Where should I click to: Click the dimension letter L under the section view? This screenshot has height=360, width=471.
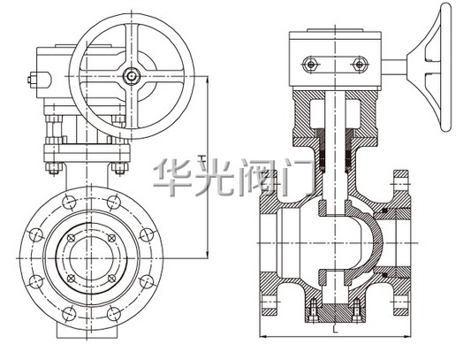(x=335, y=329)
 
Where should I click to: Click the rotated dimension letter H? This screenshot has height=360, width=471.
(x=202, y=158)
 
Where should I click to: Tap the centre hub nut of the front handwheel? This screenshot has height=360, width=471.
(x=132, y=76)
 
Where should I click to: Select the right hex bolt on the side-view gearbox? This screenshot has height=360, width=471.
(x=359, y=64)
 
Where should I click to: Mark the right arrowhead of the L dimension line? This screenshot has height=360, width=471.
(x=407, y=336)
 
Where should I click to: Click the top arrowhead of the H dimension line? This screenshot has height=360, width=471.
(x=207, y=80)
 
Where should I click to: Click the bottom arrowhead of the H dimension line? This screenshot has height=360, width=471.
(x=207, y=254)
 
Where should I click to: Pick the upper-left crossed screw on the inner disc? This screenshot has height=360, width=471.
(x=72, y=238)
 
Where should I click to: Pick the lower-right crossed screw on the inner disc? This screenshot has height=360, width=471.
(x=111, y=279)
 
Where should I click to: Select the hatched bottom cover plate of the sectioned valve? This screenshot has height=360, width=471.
(x=335, y=313)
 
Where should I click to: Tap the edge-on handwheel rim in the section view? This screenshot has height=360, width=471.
(x=445, y=67)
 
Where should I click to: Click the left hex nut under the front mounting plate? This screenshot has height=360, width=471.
(x=54, y=169)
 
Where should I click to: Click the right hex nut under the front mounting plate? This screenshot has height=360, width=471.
(x=119, y=169)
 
